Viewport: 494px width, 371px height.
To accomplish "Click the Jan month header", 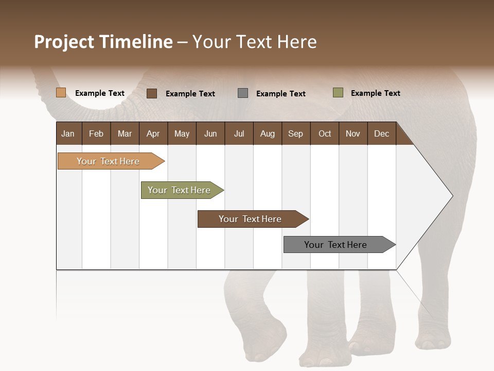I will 68,134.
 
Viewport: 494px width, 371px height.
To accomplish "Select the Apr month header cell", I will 153,134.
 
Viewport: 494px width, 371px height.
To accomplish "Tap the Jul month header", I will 239,134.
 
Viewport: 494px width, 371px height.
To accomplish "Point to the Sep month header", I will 295,134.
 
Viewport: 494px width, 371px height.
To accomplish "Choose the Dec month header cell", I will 381,134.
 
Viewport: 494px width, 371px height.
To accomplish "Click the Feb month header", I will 96,134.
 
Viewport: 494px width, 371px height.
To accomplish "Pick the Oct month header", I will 325,134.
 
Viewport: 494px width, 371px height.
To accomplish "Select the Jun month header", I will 210,134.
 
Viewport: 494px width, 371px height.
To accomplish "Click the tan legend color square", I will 61,93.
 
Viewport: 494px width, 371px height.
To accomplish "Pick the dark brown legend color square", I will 152,93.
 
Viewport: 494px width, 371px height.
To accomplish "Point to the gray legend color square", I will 243,93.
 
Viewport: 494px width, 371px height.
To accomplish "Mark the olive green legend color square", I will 338,93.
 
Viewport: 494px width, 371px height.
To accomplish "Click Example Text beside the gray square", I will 281,94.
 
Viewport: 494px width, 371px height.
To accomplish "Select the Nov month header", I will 353,134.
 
